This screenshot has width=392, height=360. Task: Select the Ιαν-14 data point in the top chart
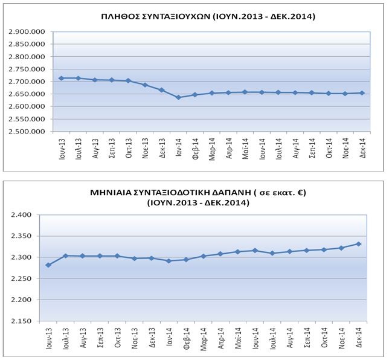point(178,97)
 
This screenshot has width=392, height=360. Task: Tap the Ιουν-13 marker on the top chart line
point(61,78)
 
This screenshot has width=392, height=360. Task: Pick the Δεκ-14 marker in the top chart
point(361,93)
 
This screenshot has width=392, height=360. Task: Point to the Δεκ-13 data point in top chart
point(161,89)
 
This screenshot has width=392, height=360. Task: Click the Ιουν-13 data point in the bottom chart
point(48,265)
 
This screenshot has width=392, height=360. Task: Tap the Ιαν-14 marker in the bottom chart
point(169,261)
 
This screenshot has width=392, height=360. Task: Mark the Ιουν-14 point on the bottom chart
point(255,250)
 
